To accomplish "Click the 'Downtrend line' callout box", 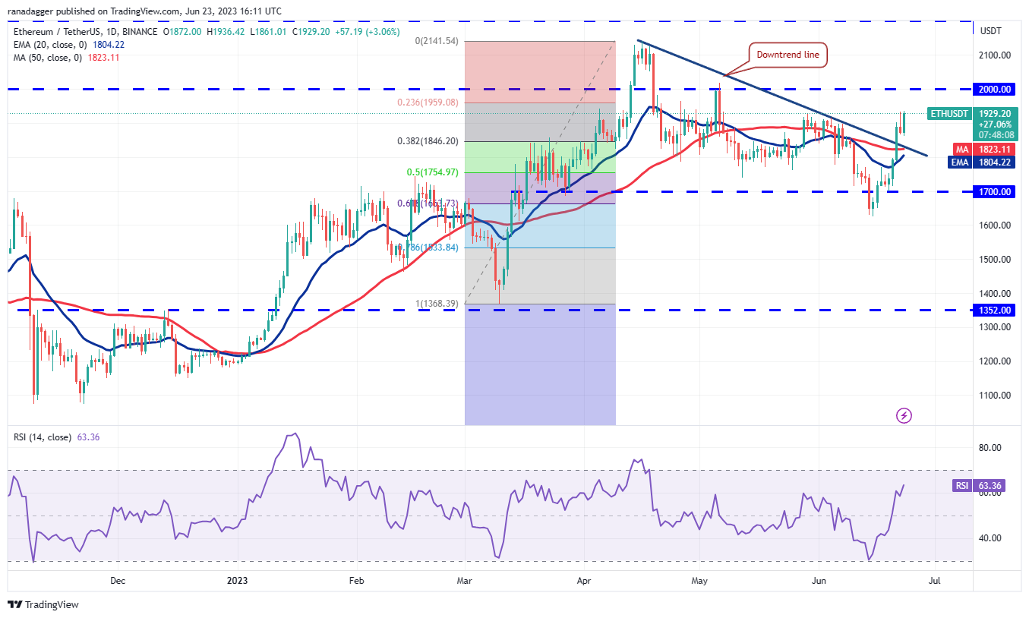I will point(787,55).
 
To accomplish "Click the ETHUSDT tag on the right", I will point(949,114).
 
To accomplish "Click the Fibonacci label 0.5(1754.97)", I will point(432,172).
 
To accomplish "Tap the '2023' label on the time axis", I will point(238,581).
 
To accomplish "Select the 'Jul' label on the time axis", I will point(935,581).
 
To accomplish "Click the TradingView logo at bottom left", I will point(44,605).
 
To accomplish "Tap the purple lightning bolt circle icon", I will point(904,415).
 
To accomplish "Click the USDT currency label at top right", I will point(992,31).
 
